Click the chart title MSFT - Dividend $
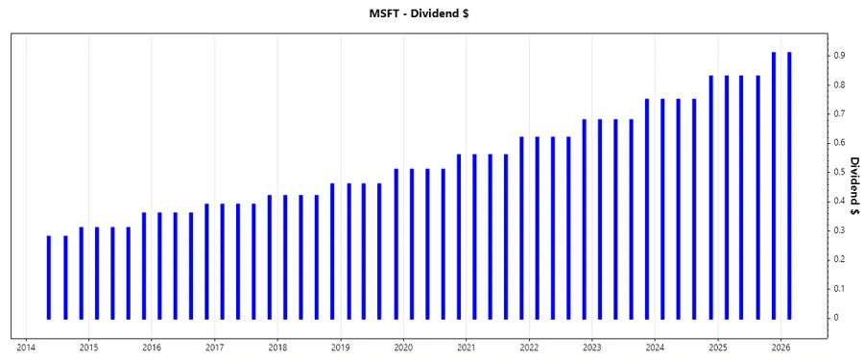tap(431, 12)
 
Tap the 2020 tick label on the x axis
tap(403, 348)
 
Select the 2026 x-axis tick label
tap(780, 348)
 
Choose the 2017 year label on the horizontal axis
tap(214, 348)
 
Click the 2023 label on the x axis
tap(591, 348)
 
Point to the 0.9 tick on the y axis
tap(838, 56)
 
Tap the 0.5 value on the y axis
tap(838, 172)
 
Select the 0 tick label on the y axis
tap(835, 318)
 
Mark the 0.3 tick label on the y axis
tap(838, 230)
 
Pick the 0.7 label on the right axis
tap(838, 114)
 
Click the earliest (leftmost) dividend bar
tap(49, 277)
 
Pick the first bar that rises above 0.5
tap(396, 244)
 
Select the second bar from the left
tap(65, 277)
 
